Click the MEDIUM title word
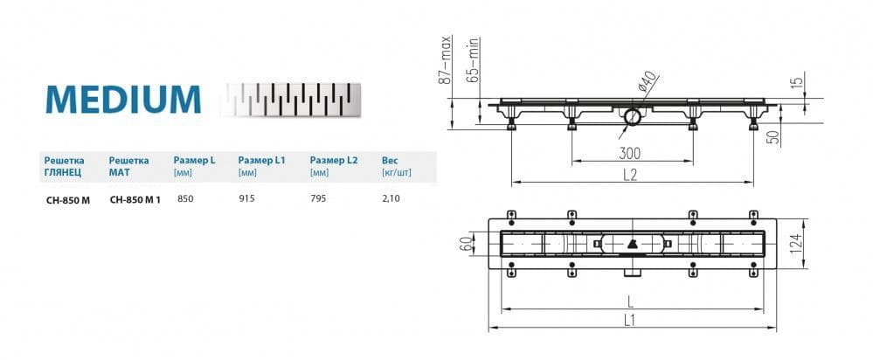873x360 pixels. pyautogui.click(x=123, y=100)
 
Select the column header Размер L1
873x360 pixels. pyautogui.click(x=261, y=161)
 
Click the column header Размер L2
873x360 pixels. pyautogui.click(x=334, y=161)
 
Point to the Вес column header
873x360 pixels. pyautogui.click(x=390, y=161)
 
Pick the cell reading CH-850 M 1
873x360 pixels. pyautogui.click(x=135, y=199)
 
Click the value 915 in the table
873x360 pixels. pyautogui.click(x=246, y=198)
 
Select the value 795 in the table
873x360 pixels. pyautogui.click(x=318, y=198)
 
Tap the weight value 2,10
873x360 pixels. pyautogui.click(x=391, y=198)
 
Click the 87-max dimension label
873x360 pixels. pyautogui.click(x=445, y=59)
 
